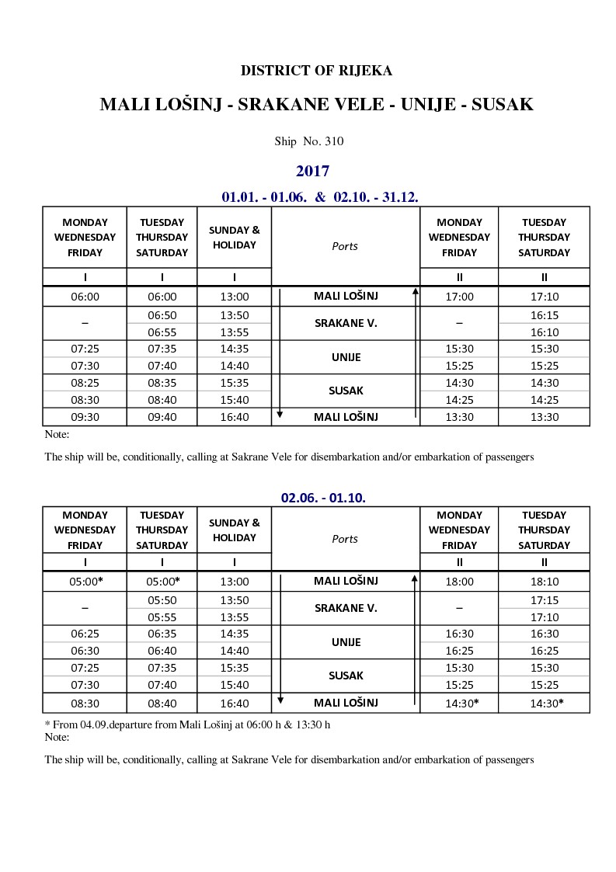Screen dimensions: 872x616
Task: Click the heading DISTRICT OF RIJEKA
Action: click(316, 71)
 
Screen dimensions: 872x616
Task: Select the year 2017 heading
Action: click(312, 171)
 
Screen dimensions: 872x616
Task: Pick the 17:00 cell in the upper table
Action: click(459, 296)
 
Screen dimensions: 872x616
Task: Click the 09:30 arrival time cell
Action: click(85, 417)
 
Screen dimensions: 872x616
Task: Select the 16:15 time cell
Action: click(544, 316)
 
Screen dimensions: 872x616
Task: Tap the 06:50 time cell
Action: click(162, 316)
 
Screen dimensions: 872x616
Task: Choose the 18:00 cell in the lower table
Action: click(459, 581)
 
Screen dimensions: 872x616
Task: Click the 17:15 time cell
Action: click(544, 601)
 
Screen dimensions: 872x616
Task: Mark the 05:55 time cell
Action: click(162, 617)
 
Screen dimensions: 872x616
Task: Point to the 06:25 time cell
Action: click(85, 634)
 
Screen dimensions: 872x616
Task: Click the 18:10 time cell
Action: click(544, 581)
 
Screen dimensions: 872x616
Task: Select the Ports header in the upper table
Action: click(345, 246)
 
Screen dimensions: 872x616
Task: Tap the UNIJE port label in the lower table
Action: click(345, 642)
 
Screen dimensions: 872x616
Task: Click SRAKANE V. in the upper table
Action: click(345, 323)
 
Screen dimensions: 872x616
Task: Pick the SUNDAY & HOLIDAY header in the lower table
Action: click(234, 530)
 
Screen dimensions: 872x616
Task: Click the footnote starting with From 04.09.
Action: click(187, 724)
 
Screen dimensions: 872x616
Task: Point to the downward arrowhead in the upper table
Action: click(280, 415)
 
